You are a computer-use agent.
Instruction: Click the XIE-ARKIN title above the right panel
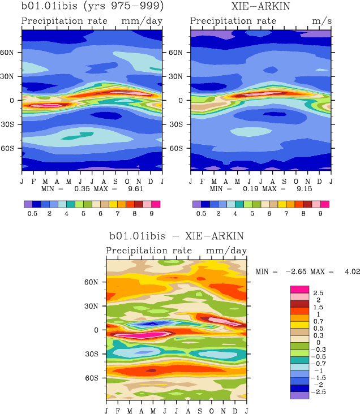pyautogui.click(x=260, y=7)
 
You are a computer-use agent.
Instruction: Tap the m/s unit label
pyautogui.click(x=320, y=21)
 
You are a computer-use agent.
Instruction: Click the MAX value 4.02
pyautogui.click(x=352, y=272)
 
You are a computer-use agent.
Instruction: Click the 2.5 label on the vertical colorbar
pyautogui.click(x=319, y=293)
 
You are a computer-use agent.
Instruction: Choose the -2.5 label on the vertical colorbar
pyautogui.click(x=320, y=391)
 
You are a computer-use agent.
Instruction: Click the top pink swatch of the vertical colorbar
pyautogui.click(x=299, y=289)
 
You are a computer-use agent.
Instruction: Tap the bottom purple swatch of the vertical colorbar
pyautogui.click(x=299, y=395)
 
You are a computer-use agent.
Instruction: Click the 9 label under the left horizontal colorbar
pyautogui.click(x=152, y=214)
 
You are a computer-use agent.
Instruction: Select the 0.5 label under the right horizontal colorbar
pyautogui.click(x=201, y=214)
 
